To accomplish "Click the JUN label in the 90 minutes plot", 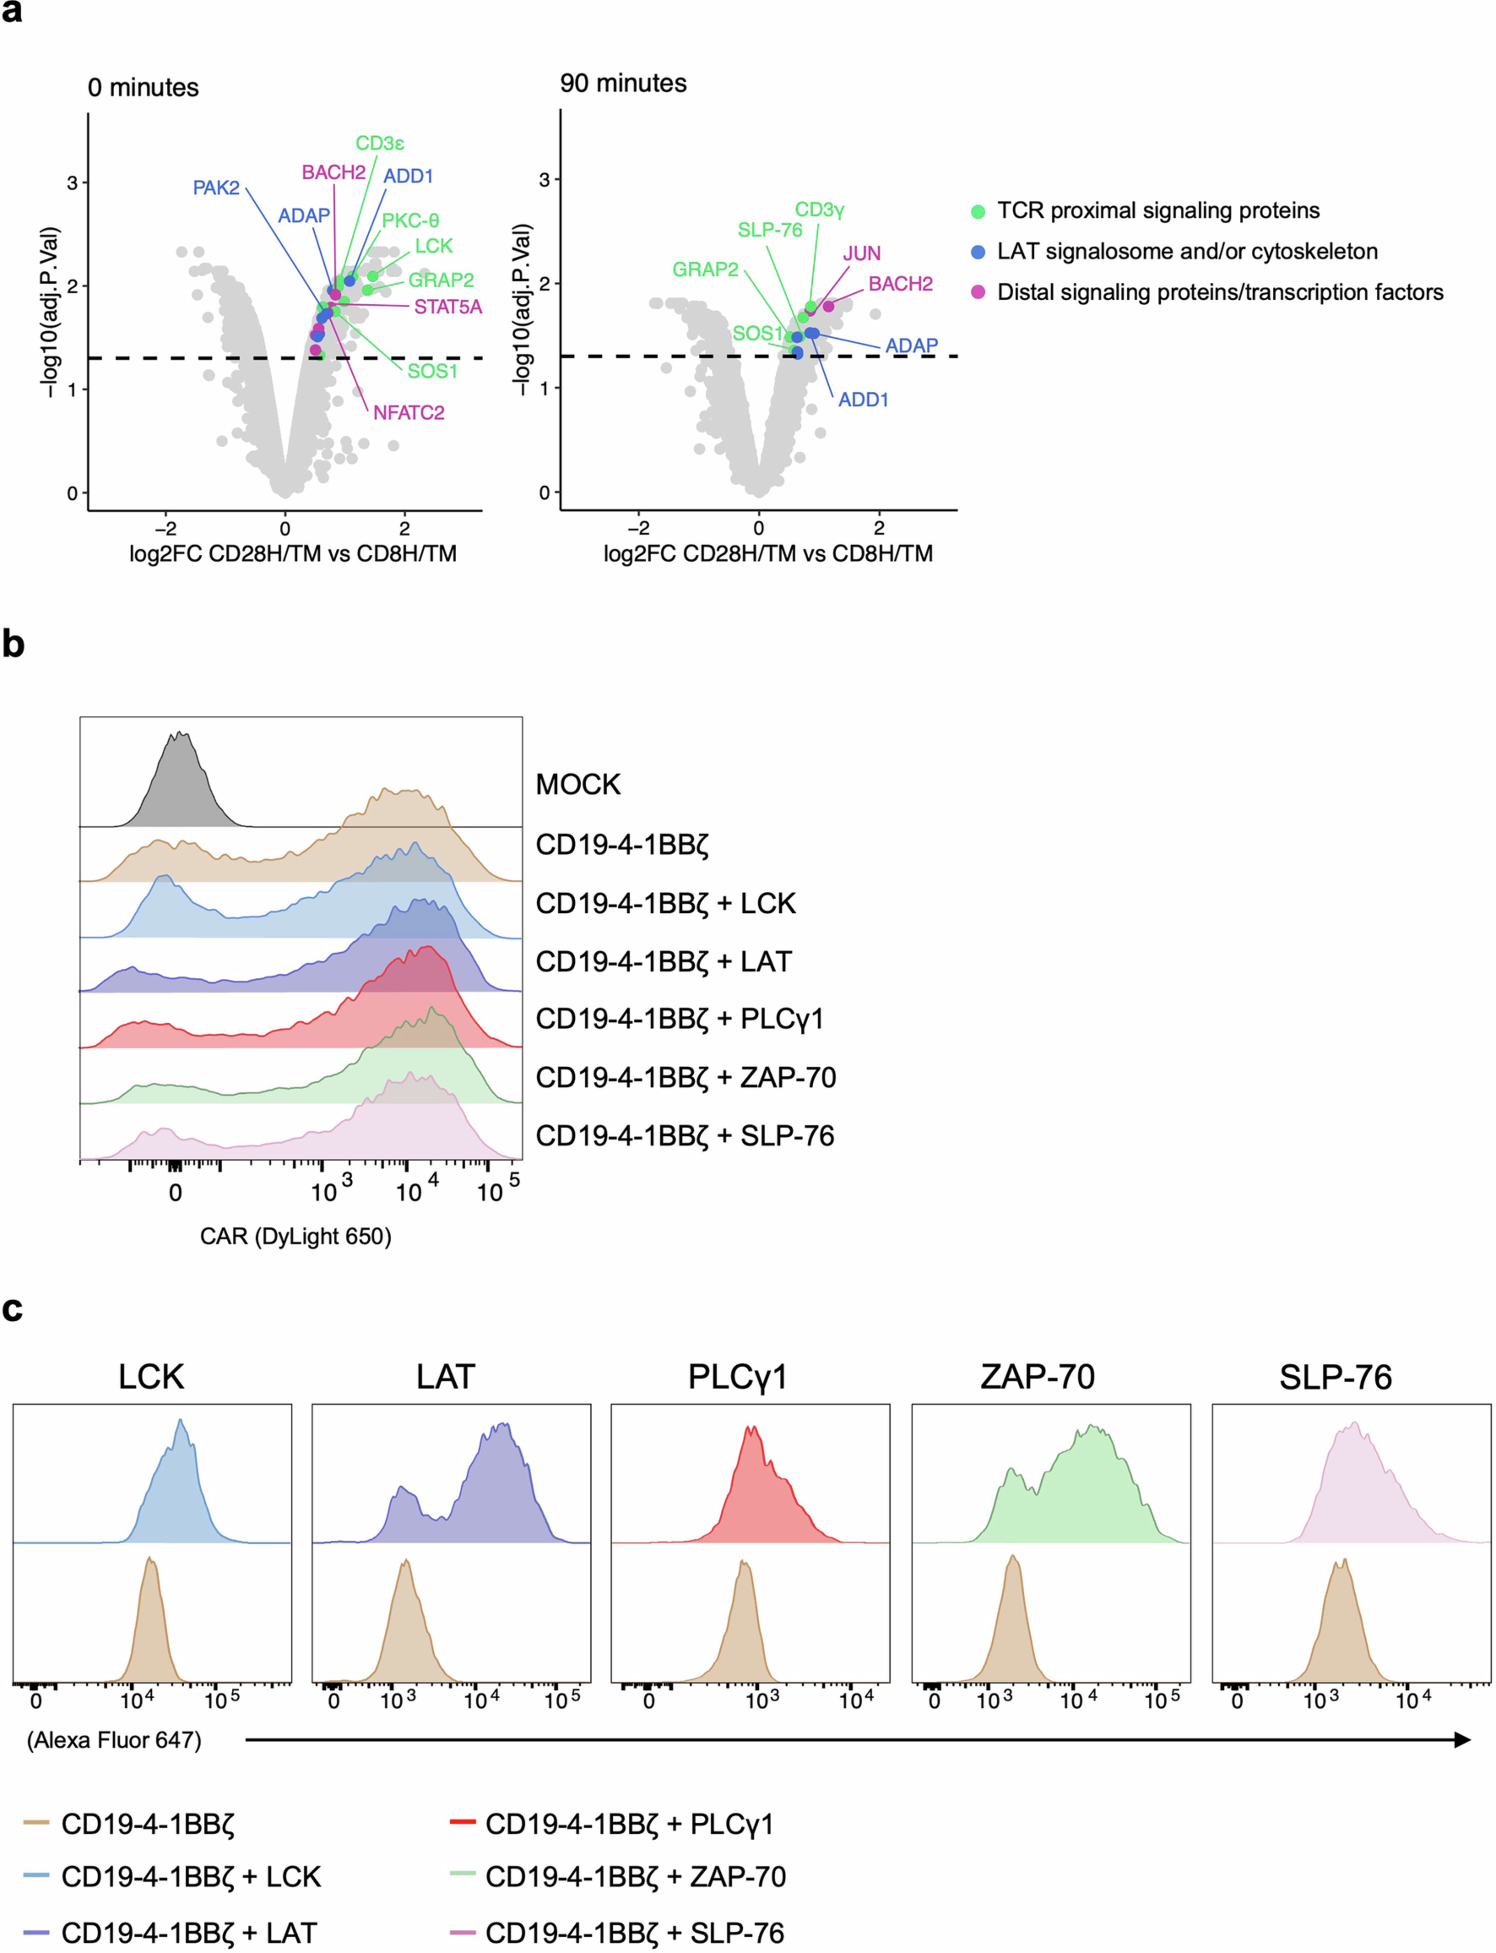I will click(861, 254).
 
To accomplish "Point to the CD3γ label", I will click(819, 210).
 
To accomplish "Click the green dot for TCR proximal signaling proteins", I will click(978, 211).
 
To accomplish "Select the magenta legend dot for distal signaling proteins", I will click(978, 292).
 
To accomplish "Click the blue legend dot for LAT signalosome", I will click(978, 252).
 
